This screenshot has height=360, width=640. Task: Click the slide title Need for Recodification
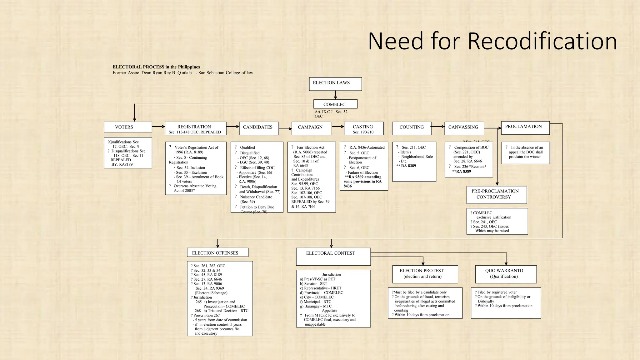point(492,41)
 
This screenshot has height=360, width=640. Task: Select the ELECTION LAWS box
point(335,84)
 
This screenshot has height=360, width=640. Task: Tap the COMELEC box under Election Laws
point(335,104)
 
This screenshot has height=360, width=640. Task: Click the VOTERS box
point(128,127)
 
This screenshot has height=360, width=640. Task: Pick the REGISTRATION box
point(195,129)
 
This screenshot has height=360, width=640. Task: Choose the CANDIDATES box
point(259,128)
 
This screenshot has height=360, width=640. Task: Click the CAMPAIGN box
point(311,128)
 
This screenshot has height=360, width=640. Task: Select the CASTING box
point(363,128)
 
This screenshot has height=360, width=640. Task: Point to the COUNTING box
point(412,128)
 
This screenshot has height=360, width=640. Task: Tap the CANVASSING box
point(464,128)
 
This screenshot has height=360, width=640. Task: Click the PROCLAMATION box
point(525,128)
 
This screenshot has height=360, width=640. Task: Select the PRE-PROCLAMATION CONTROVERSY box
point(496,195)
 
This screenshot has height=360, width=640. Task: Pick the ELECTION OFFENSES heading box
point(217,252)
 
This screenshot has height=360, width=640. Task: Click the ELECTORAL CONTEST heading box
point(333,256)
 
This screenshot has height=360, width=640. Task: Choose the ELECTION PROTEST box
point(425,274)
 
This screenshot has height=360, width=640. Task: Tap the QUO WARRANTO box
point(506,274)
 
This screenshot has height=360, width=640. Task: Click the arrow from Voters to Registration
point(158,127)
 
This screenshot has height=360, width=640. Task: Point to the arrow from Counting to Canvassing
point(438,127)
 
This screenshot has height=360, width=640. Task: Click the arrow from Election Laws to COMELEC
point(335,95)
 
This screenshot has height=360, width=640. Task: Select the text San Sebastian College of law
point(226,73)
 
